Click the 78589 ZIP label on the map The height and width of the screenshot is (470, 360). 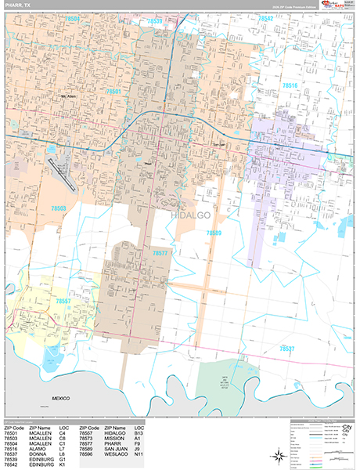tap(214, 233)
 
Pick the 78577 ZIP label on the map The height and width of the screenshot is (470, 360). tap(160, 253)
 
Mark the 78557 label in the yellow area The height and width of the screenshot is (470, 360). tap(63, 300)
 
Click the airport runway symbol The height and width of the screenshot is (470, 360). tap(63, 175)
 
